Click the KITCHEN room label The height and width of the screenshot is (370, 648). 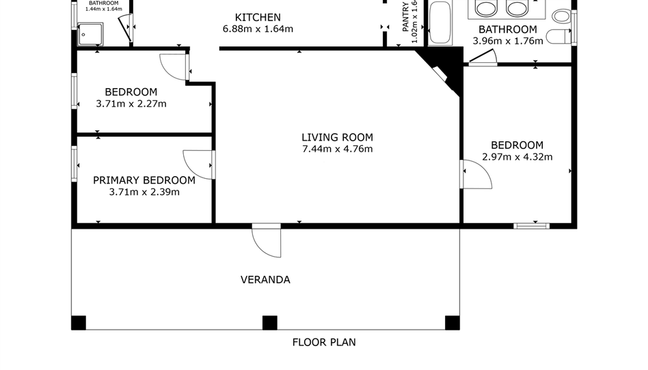(x=258, y=18)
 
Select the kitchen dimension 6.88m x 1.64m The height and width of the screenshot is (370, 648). (x=258, y=29)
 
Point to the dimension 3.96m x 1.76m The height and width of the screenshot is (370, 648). (x=507, y=41)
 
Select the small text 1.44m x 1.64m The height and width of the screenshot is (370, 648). (x=103, y=10)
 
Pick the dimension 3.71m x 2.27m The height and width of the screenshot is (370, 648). (x=131, y=104)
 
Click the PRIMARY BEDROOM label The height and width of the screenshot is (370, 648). (x=144, y=180)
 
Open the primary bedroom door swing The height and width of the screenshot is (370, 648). (x=198, y=165)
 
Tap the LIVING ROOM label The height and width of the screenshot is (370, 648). (x=337, y=137)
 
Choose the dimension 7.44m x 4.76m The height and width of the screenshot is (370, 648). (x=337, y=149)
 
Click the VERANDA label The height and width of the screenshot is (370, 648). (x=265, y=280)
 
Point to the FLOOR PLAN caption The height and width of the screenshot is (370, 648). (x=324, y=343)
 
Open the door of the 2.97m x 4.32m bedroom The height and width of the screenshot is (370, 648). (x=477, y=174)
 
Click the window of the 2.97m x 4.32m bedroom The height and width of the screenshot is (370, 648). (x=531, y=225)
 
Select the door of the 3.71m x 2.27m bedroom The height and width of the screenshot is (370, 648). (x=175, y=67)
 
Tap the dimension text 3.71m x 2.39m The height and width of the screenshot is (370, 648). (x=144, y=192)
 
